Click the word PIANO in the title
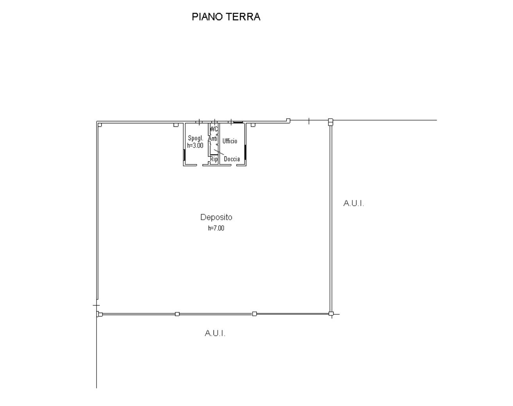(207, 17)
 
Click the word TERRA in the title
(243, 17)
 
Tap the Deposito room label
(216, 217)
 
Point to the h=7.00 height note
(216, 228)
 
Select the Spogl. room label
(196, 138)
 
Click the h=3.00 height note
(195, 145)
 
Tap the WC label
(214, 129)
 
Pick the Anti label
(213, 139)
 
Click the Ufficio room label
(230, 141)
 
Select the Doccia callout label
(232, 159)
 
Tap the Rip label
(214, 159)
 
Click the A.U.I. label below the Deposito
(215, 333)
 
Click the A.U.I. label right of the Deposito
(353, 203)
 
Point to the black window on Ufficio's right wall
(245, 152)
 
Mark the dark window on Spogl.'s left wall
(184, 155)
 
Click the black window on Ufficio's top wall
(238, 122)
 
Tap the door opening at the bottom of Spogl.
(199, 165)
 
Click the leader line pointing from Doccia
(219, 152)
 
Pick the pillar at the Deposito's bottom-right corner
(331, 313)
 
